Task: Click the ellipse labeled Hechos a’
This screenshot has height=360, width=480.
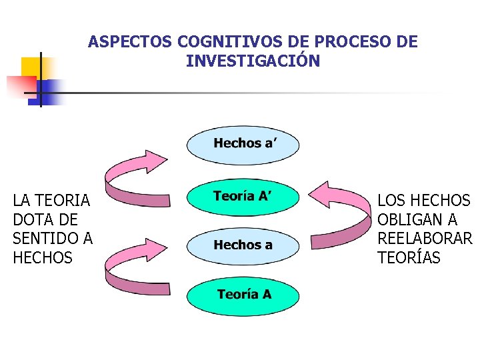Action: [243, 144]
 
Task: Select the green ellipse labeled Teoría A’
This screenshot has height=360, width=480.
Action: [243, 197]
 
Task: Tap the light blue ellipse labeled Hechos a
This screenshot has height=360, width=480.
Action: [243, 245]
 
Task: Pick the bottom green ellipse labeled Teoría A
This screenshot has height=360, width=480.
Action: [243, 295]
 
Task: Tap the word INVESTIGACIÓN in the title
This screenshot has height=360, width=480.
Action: [253, 61]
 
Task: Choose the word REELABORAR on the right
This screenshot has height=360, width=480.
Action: [425, 239]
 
